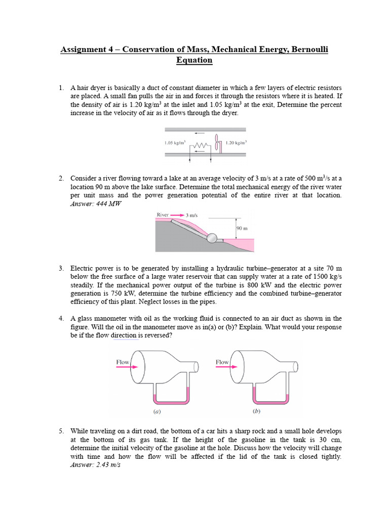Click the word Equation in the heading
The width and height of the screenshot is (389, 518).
pos(194,61)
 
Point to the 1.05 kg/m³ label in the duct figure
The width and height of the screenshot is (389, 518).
pos(174,143)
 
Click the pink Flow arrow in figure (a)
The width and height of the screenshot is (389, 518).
pos(124,369)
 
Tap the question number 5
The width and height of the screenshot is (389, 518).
pos(61,431)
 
